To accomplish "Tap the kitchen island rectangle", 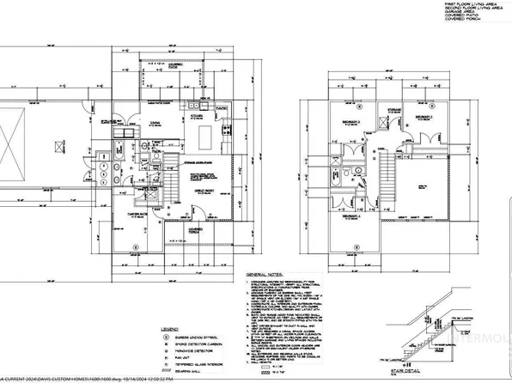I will pyautogui.click(x=207, y=137).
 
